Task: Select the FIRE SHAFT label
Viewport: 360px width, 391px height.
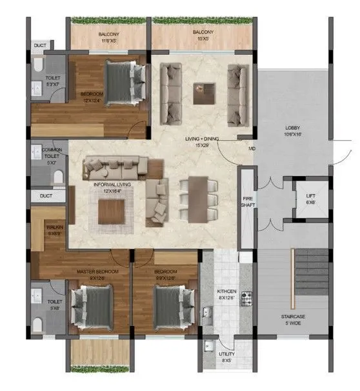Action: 246,201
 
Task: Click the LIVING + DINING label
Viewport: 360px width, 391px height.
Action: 197,141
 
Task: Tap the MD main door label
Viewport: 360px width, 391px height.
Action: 252,151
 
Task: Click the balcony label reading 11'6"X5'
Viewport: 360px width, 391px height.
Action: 108,37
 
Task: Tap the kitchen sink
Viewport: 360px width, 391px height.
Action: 207,314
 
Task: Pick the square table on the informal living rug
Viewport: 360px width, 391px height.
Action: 112,211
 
